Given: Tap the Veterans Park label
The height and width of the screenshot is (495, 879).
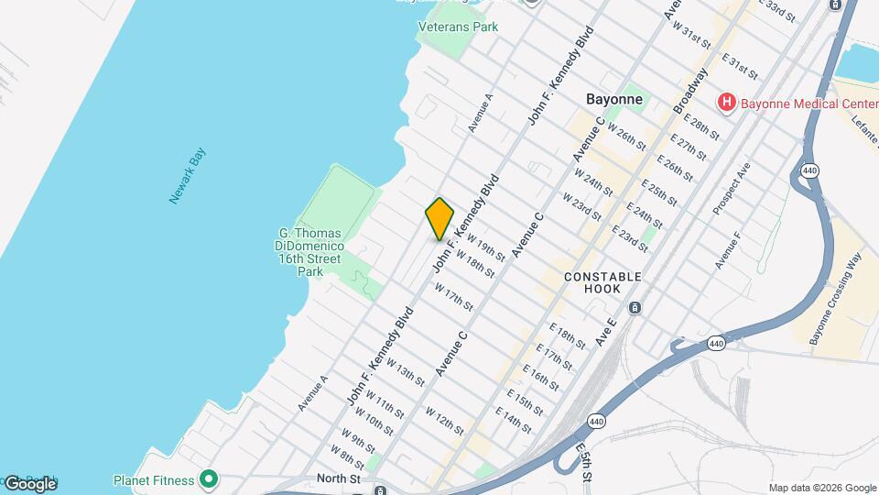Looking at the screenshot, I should (458, 27).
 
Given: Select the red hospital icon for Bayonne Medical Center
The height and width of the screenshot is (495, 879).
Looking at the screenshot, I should (726, 103).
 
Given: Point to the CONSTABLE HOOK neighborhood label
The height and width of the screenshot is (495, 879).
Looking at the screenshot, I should (602, 282).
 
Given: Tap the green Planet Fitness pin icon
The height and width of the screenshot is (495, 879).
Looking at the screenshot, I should (209, 479).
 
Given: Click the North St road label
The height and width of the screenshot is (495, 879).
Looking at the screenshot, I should (334, 478).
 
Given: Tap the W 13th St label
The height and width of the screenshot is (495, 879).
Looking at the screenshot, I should (406, 371).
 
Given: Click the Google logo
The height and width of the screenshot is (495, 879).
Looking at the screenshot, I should (29, 483).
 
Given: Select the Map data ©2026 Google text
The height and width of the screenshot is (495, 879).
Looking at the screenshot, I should (822, 488).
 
